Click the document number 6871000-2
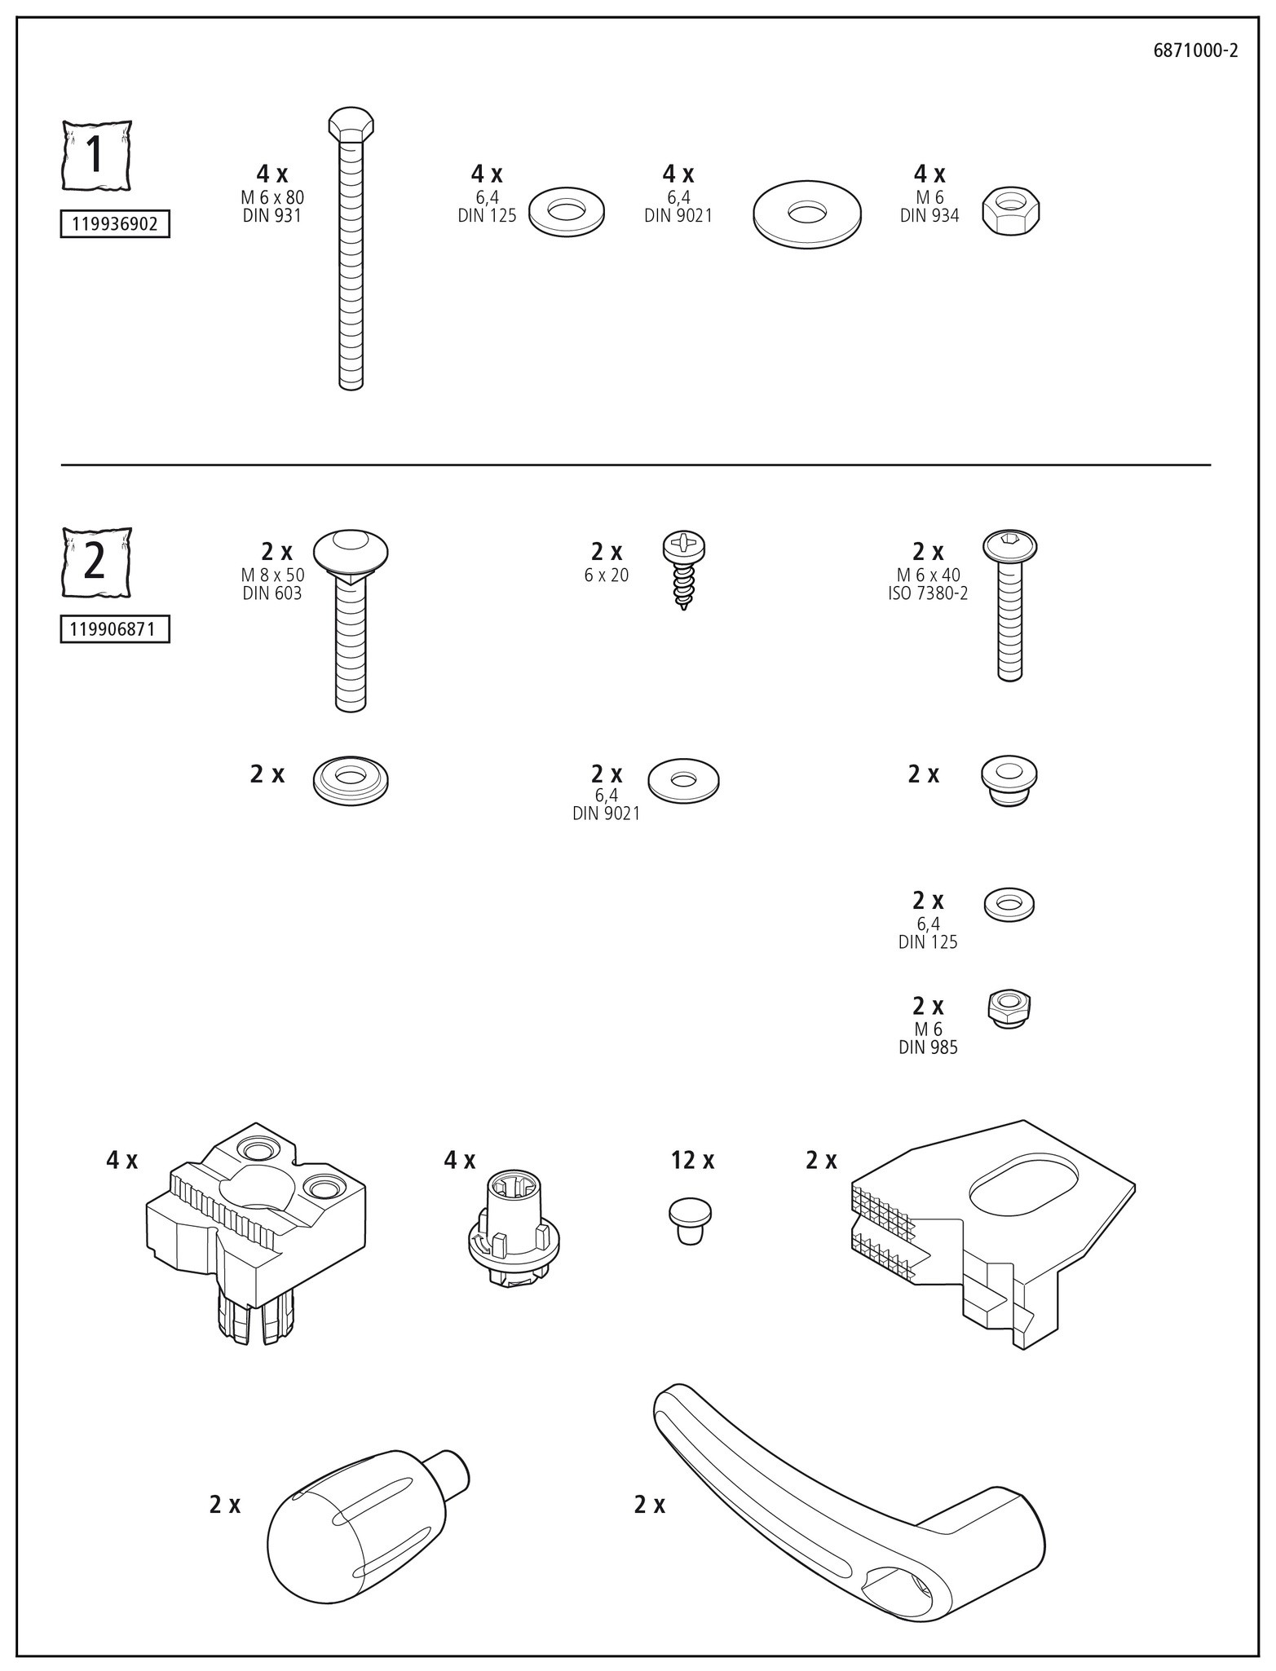click(x=1195, y=51)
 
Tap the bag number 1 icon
click(x=96, y=155)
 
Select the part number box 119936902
click(x=115, y=224)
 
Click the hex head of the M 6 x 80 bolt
click(x=351, y=124)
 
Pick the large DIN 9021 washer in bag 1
click(x=806, y=214)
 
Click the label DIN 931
click(x=272, y=215)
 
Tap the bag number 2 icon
click(x=96, y=562)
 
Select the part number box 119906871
click(x=115, y=629)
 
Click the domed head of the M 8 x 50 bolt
click(x=351, y=552)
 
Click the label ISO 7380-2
click(x=928, y=593)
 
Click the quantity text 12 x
click(x=692, y=1160)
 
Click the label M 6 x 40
click(x=928, y=575)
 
